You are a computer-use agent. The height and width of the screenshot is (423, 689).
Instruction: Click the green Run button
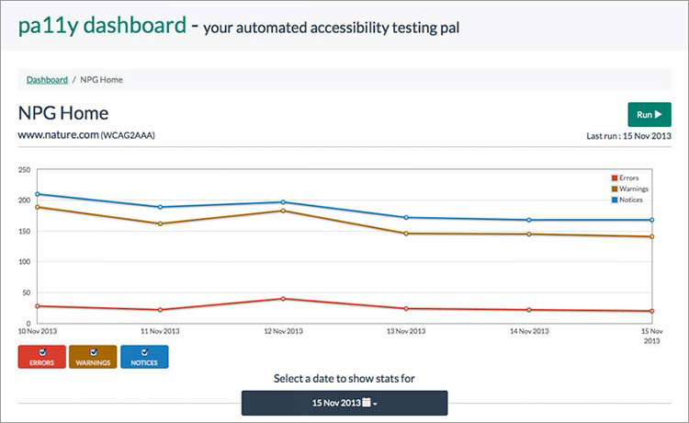[649, 115]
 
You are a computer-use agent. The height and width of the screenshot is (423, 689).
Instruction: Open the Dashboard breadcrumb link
[47, 80]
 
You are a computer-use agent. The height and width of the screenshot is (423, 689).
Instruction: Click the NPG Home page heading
[63, 113]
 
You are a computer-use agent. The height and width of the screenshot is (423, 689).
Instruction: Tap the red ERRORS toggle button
[41, 357]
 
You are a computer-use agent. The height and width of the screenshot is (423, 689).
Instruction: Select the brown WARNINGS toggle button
[93, 357]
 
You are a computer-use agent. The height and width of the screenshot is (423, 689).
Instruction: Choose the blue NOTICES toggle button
[144, 357]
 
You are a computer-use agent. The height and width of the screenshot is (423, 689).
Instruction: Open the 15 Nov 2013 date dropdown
[344, 403]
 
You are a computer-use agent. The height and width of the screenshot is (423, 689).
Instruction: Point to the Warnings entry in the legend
[632, 189]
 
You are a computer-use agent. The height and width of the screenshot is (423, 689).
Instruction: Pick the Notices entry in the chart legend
[630, 200]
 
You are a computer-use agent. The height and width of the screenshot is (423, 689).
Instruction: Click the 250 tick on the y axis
[25, 170]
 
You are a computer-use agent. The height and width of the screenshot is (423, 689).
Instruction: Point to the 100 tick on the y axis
[25, 262]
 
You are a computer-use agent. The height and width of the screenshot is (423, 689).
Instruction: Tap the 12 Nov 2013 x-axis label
[283, 331]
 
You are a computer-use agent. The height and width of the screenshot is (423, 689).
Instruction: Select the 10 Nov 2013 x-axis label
[37, 331]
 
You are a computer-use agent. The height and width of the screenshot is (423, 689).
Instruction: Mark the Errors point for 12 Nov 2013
[283, 299]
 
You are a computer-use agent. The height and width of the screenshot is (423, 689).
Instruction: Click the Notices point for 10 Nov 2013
[38, 194]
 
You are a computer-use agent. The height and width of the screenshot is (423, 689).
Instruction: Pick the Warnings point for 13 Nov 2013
[406, 234]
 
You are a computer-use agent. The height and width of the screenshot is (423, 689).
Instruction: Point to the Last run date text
[629, 136]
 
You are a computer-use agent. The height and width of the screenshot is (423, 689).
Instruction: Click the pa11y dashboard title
[102, 26]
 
